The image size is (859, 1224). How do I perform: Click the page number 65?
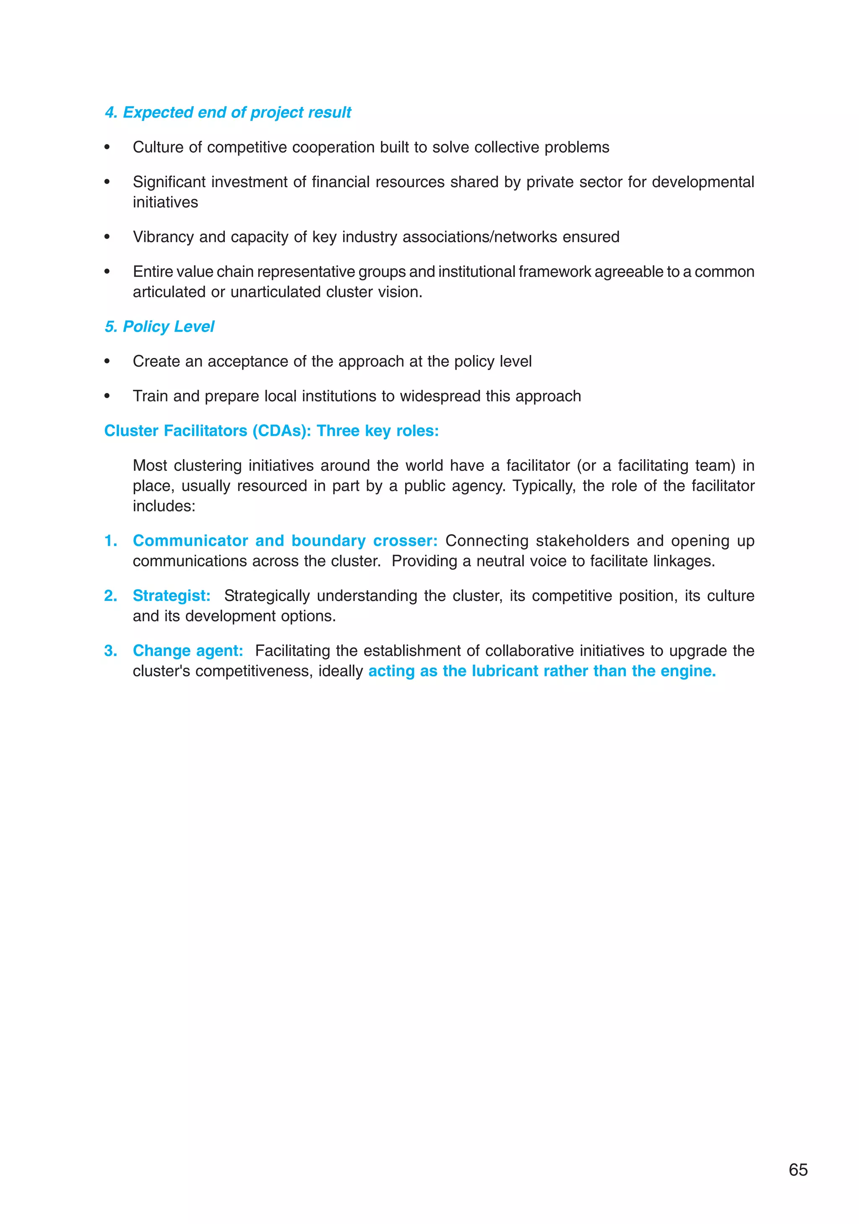click(x=798, y=1169)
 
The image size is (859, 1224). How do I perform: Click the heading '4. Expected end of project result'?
click(x=228, y=112)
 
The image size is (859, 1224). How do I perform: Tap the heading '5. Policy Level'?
click(x=159, y=326)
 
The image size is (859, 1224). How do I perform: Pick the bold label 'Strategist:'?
click(x=172, y=595)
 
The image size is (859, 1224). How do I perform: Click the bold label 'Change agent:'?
click(x=187, y=650)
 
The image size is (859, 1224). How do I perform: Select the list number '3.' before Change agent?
click(x=110, y=650)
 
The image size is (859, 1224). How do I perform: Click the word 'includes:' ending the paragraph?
click(x=164, y=506)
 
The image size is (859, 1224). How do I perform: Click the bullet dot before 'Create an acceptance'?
click(x=107, y=361)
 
